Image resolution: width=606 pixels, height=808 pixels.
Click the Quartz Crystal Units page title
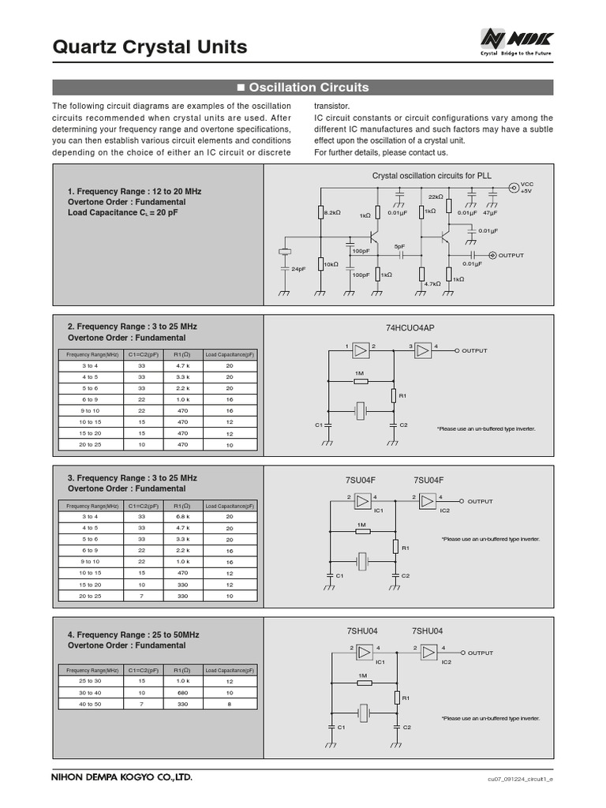click(149, 47)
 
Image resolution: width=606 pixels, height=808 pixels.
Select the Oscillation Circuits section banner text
click(303, 88)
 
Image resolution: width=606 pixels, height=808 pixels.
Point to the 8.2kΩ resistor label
click(332, 212)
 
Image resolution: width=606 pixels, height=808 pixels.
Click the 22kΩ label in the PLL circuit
click(436, 196)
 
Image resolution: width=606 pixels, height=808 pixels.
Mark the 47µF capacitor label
click(490, 213)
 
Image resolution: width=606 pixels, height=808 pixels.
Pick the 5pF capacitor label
click(400, 246)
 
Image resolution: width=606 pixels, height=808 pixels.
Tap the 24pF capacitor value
click(298, 269)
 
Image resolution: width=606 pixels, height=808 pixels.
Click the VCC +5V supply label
click(527, 187)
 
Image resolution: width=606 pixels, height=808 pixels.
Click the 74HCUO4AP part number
click(410, 327)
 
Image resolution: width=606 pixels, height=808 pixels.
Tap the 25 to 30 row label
click(90, 680)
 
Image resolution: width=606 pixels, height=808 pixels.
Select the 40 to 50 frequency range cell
click(90, 703)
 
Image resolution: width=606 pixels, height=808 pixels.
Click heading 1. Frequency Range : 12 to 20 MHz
click(134, 192)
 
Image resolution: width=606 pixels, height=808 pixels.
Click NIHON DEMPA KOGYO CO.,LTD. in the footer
click(122, 777)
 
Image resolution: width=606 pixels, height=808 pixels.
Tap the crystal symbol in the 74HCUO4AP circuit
click(361, 410)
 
